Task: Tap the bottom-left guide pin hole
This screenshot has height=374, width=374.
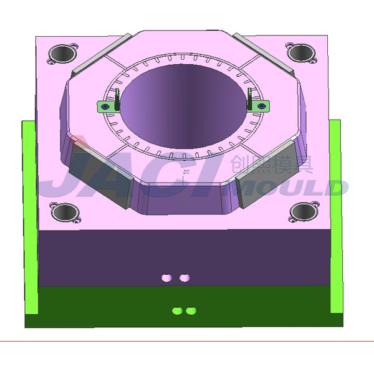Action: (64, 213)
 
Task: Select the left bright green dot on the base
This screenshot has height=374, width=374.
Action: (177, 310)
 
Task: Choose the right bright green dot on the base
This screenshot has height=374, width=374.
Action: (191, 310)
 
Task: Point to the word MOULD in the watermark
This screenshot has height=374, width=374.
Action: (293, 187)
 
